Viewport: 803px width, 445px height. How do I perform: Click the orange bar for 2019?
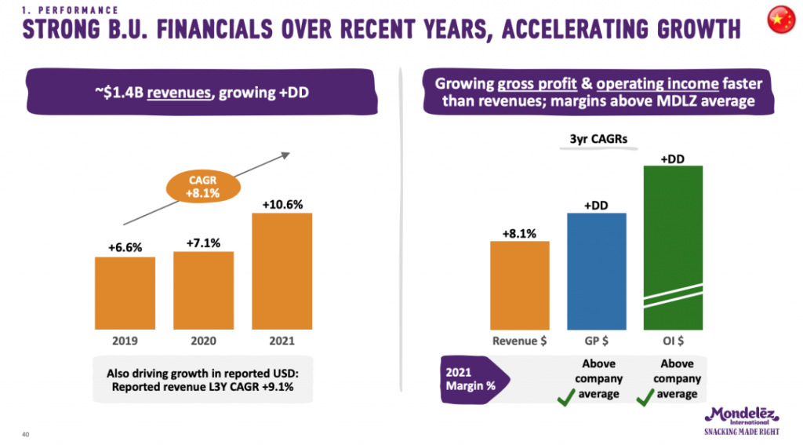125,292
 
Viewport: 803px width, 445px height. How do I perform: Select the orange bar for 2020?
203,290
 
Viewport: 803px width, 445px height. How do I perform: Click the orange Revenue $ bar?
519,284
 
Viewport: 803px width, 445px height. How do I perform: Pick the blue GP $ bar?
596,270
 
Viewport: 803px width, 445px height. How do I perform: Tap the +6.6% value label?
125,248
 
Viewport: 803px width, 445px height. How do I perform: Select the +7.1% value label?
203,243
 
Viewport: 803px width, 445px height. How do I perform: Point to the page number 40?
26,434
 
